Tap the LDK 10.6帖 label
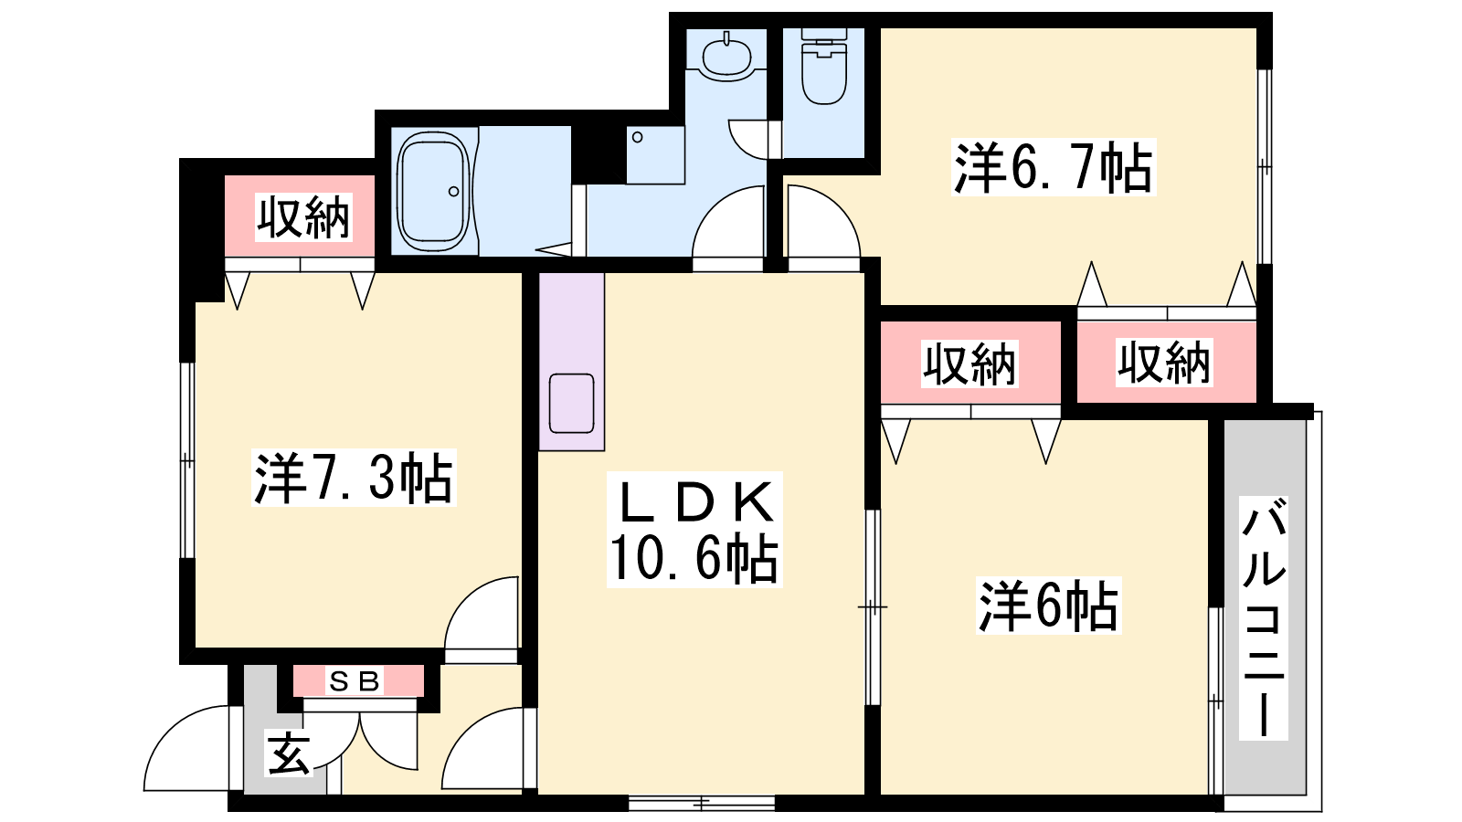click(694, 529)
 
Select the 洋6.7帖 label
click(1054, 167)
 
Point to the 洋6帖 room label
click(1048, 606)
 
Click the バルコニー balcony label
click(1264, 617)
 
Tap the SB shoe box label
click(355, 681)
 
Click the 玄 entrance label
click(288, 753)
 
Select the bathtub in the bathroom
click(433, 192)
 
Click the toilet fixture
click(823, 66)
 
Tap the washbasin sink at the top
click(726, 56)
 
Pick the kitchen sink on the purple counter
click(571, 403)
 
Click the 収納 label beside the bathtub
click(302, 217)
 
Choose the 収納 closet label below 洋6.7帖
click(1164, 362)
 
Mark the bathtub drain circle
click(453, 192)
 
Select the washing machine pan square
click(655, 155)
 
